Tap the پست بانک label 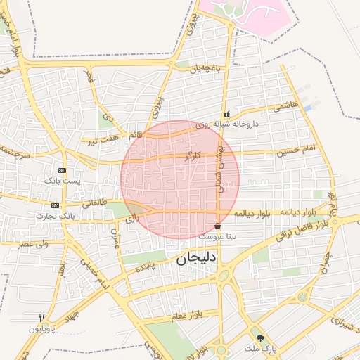63,181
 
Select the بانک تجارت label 57,214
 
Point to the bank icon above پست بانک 63,170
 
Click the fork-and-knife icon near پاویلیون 41,318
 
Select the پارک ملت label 262,348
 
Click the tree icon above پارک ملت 261,338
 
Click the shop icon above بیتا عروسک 218,226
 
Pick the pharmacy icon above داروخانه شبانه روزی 226,113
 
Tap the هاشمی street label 288,105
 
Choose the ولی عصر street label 34,243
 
